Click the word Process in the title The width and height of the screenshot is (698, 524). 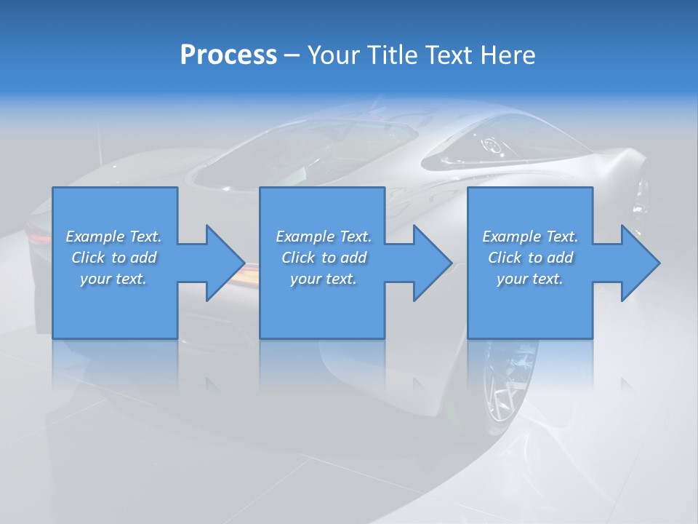[228, 55]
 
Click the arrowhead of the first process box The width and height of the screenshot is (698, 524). [225, 263]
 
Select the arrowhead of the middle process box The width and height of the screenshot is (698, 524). [433, 263]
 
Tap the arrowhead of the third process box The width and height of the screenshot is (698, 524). [641, 263]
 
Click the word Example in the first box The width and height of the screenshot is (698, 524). [95, 237]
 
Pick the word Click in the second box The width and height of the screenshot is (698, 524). [297, 258]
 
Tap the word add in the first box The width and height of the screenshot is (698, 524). [143, 258]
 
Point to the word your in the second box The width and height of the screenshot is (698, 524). [305, 279]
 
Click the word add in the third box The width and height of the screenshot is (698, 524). [560, 258]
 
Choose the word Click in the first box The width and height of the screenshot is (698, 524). [87, 258]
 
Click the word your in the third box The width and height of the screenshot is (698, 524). [511, 279]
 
